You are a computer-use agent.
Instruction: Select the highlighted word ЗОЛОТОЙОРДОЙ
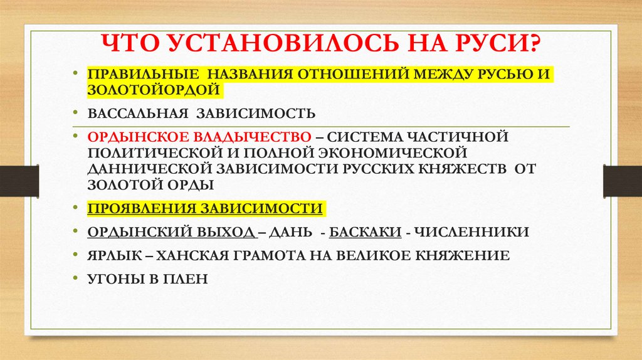click(154, 90)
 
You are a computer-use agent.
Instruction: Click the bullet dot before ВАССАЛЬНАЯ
click(76, 114)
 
